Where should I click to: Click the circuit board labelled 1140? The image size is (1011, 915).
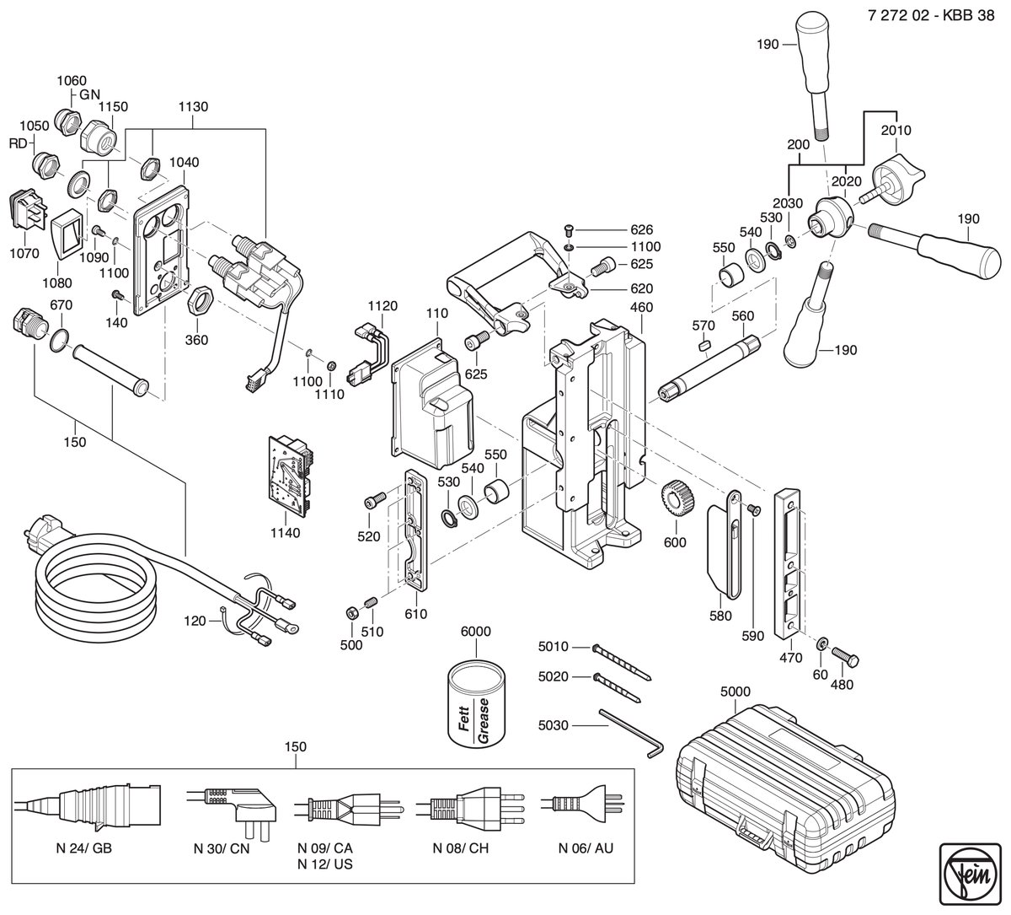(291, 477)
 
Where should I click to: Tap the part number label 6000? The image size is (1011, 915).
(476, 632)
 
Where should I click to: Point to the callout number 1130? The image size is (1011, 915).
(193, 106)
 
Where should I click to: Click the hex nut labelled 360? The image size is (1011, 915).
(199, 301)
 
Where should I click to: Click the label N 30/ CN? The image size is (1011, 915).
(222, 848)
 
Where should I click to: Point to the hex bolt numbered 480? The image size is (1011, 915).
(845, 657)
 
